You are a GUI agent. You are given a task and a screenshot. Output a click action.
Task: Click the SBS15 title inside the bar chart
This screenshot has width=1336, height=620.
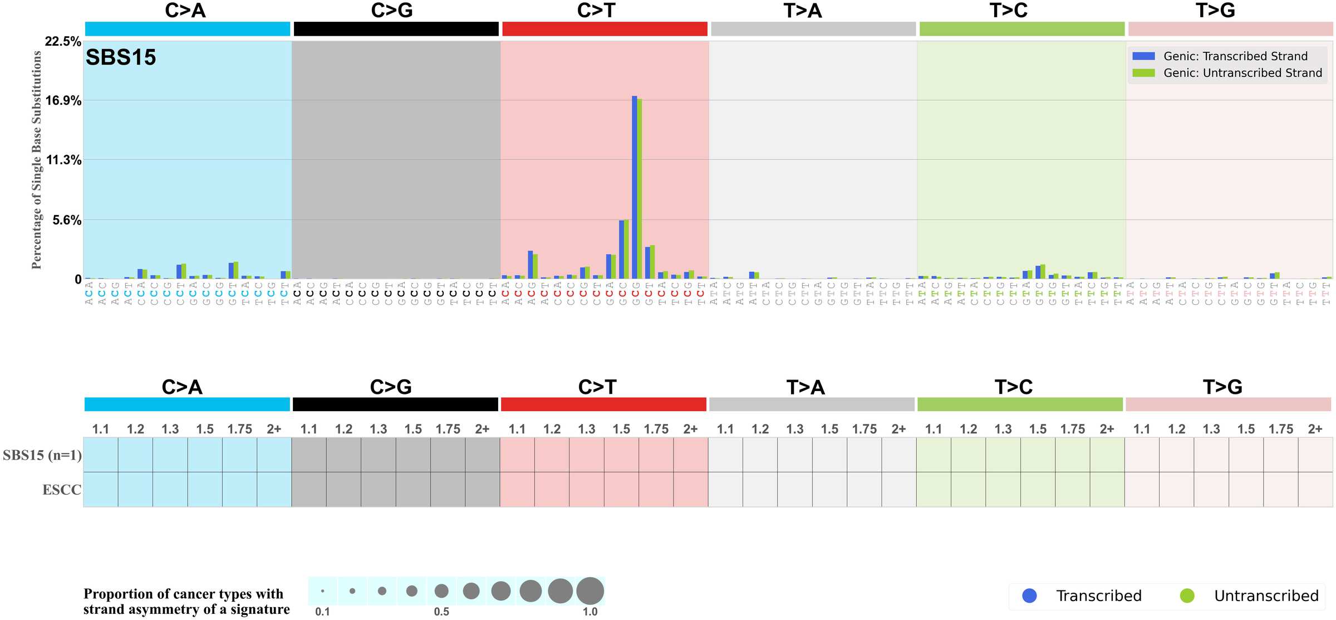click(x=121, y=57)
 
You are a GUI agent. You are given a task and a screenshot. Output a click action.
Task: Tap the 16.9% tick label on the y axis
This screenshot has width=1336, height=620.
click(x=63, y=101)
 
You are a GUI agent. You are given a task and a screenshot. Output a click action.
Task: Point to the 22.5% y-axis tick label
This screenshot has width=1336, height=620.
click(x=63, y=42)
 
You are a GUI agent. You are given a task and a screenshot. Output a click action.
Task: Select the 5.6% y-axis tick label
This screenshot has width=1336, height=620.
click(x=67, y=220)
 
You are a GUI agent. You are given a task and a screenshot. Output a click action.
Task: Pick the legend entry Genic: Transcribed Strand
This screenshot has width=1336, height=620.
click(x=1235, y=56)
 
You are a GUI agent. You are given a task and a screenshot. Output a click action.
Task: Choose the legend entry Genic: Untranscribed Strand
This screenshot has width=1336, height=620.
click(x=1242, y=73)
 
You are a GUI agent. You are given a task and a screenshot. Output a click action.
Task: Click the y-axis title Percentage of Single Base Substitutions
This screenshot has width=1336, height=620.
click(x=37, y=160)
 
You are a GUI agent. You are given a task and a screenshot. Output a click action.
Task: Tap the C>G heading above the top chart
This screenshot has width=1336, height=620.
click(x=392, y=11)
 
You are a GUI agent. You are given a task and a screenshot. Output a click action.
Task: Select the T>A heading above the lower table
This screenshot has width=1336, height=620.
click(x=805, y=387)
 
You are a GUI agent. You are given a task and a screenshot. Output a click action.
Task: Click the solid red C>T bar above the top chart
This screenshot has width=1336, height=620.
click(x=605, y=29)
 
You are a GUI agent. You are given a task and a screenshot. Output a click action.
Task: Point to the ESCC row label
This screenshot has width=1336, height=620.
click(x=62, y=490)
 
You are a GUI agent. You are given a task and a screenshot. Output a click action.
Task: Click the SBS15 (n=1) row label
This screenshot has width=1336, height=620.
click(x=42, y=455)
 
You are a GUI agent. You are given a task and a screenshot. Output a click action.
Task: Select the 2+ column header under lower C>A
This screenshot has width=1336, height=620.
click(x=274, y=429)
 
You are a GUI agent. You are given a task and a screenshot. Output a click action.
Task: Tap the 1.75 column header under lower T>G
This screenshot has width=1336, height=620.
click(x=1280, y=429)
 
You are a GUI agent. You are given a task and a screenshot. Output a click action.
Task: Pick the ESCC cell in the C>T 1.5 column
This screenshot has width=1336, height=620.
click(x=621, y=490)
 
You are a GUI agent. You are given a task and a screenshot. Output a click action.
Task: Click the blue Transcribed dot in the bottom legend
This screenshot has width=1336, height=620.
click(x=1030, y=595)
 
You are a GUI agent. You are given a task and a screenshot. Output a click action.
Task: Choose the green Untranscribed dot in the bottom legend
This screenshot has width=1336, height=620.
click(x=1187, y=595)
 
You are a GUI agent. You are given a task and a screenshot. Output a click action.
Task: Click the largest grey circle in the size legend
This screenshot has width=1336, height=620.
click(x=590, y=590)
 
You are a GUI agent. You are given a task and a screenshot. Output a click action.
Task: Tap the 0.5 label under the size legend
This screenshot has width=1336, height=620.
click(x=441, y=612)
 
